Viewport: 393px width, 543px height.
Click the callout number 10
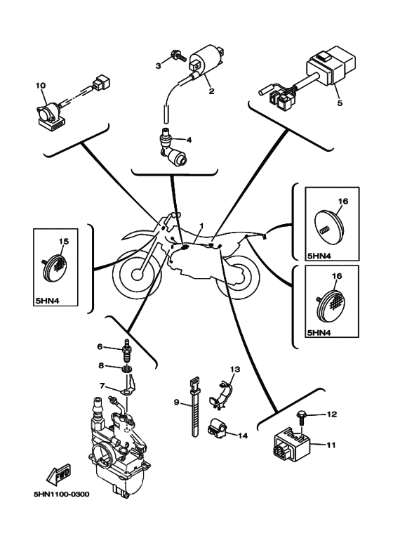[x=41, y=85]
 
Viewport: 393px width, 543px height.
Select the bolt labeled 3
[x=179, y=55]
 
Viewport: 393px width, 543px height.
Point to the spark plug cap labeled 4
[x=172, y=148]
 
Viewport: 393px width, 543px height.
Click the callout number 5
[x=340, y=103]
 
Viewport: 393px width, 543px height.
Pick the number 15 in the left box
[x=63, y=241]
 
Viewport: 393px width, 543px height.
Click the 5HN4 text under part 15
[x=47, y=301]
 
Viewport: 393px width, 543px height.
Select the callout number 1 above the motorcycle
[x=201, y=225]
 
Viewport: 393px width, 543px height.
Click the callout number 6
[x=100, y=346]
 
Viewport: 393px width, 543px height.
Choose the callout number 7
[x=102, y=386]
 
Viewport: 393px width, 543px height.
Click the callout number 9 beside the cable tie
[x=176, y=402]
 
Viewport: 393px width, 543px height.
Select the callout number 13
[x=235, y=369]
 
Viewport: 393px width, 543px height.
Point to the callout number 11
[x=331, y=445]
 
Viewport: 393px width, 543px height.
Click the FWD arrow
[x=58, y=474]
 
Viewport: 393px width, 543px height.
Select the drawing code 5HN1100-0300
[x=61, y=494]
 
